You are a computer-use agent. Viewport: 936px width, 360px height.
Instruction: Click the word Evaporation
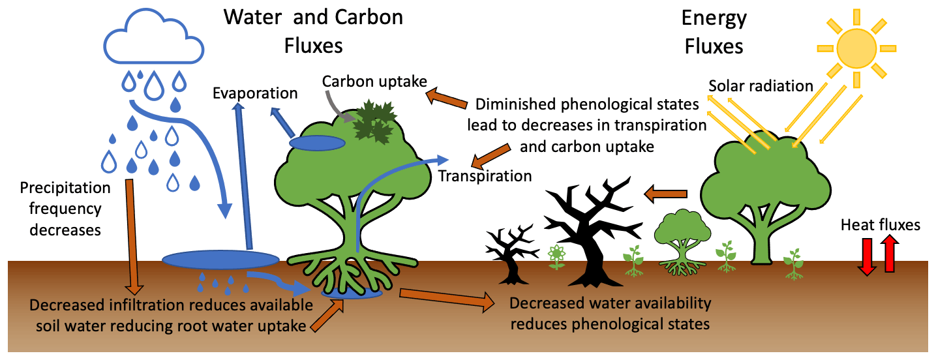coord(255,93)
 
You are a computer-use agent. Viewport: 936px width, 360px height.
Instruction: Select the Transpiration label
coord(485,175)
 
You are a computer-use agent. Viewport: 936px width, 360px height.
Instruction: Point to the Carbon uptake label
coord(374,82)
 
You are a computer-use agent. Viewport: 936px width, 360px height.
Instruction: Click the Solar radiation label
coord(761,85)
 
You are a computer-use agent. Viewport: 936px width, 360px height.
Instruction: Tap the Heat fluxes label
coord(880,225)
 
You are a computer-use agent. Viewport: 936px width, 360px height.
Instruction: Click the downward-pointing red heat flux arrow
coord(868,256)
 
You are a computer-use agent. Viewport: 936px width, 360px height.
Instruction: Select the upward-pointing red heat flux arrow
coord(890,254)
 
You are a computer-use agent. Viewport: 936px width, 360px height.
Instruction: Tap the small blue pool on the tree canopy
coord(317,142)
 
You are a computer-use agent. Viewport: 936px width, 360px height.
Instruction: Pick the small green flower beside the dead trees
coord(556,256)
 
